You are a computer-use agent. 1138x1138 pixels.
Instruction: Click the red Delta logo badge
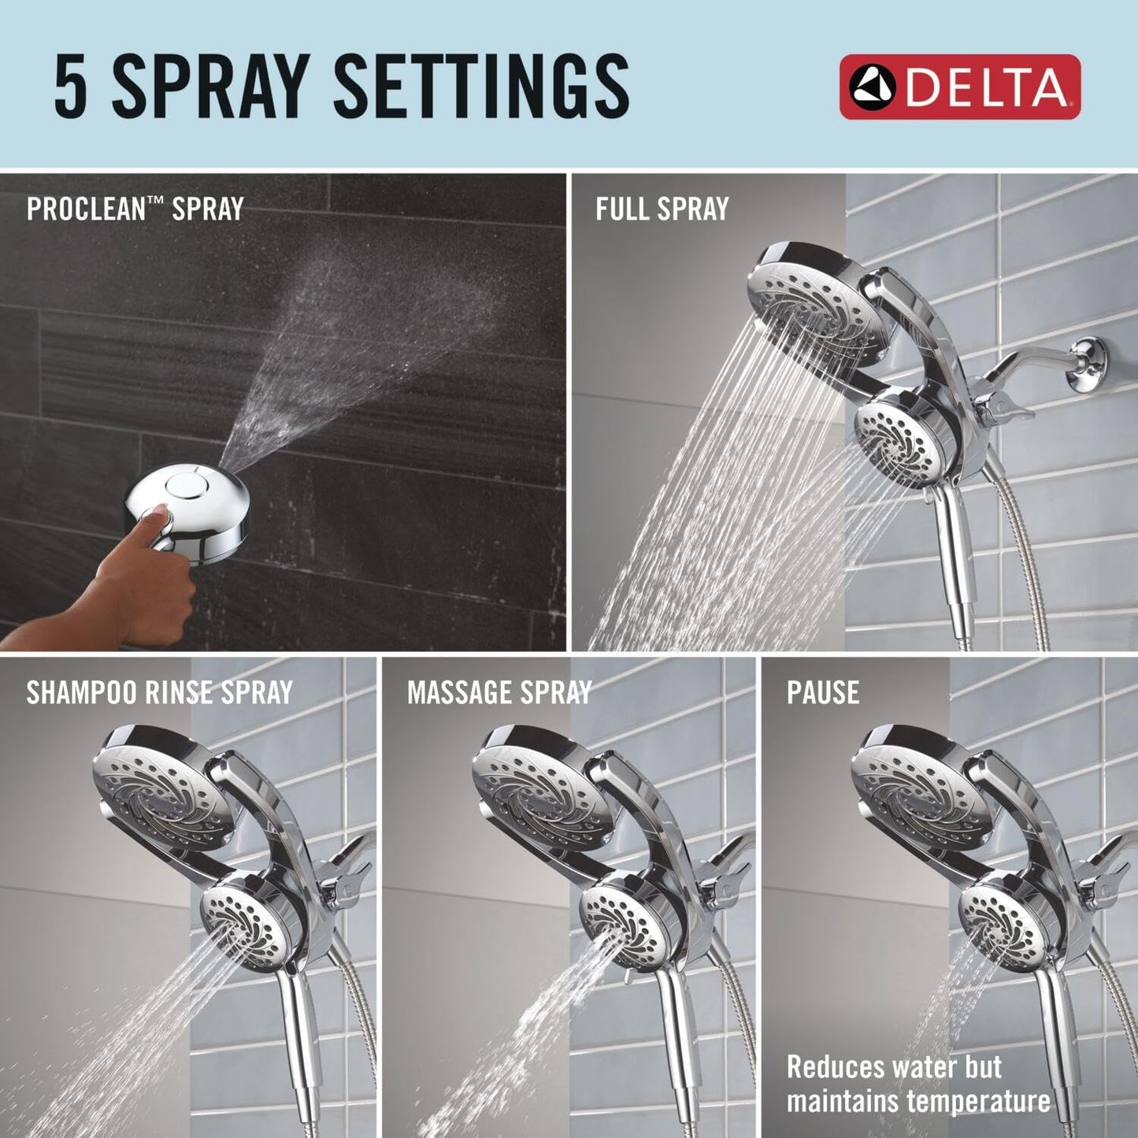tap(959, 87)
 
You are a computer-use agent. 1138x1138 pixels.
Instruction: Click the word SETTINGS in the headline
tap(481, 87)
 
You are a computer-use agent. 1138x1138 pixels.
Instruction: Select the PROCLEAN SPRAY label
tap(135, 209)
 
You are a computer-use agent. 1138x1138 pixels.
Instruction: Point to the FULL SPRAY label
tap(662, 209)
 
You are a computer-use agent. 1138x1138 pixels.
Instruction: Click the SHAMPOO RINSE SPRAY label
tap(159, 692)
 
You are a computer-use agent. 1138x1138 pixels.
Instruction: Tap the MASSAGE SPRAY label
tap(499, 692)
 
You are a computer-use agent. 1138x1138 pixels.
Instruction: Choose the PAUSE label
tap(822, 692)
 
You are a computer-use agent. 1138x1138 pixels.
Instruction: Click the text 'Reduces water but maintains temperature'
tap(917, 1084)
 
